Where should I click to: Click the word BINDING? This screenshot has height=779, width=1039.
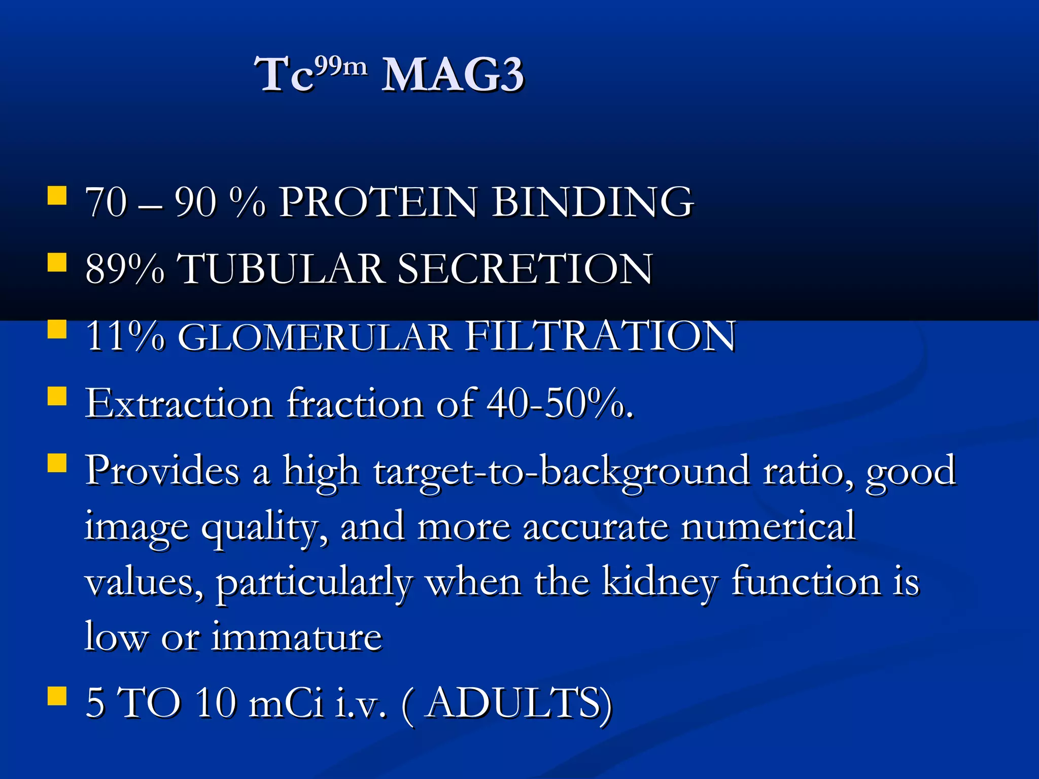593,202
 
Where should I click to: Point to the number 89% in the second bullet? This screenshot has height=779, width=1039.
125,269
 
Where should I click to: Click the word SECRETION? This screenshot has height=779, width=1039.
525,269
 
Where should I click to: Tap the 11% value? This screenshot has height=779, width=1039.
125,336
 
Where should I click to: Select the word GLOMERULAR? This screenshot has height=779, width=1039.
315,337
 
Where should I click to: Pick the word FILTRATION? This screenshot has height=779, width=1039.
601,336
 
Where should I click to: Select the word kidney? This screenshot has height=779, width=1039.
660,582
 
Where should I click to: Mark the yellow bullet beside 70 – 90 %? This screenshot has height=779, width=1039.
57,195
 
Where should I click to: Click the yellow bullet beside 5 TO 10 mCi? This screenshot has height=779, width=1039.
57,696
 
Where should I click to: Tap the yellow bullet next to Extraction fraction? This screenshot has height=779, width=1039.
57,396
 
